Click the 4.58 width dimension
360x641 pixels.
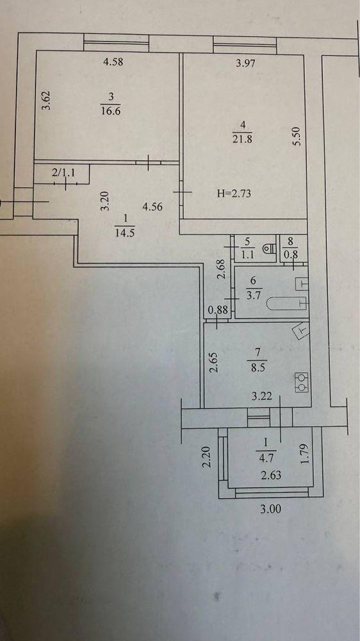pyautogui.click(x=113, y=63)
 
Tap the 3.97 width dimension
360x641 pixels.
pyautogui.click(x=247, y=63)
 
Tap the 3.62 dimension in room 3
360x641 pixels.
pyautogui.click(x=47, y=100)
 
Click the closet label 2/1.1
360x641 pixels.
pyautogui.click(x=63, y=173)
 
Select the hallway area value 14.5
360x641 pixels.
pyautogui.click(x=125, y=234)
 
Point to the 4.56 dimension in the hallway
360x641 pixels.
pyautogui.click(x=152, y=207)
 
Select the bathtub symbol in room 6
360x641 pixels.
pyautogui.click(x=282, y=303)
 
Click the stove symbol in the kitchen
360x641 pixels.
pyautogui.click(x=302, y=382)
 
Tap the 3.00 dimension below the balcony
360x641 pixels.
pyautogui.click(x=271, y=510)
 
